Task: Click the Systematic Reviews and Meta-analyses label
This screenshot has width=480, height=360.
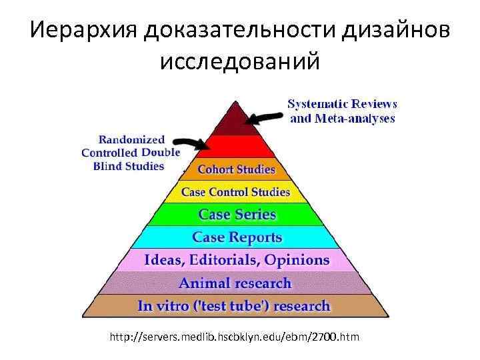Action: coord(343,111)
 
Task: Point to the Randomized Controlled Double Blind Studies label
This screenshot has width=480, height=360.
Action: coord(131,153)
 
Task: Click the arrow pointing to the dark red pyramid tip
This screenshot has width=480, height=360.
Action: coord(265,117)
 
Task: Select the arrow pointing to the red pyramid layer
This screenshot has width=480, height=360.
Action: coord(191,143)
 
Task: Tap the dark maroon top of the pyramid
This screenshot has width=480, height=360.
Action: coord(234,120)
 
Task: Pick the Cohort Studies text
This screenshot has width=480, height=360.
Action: coord(236,169)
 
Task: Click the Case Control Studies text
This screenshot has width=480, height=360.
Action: coord(235,192)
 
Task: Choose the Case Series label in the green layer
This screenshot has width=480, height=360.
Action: coord(237,215)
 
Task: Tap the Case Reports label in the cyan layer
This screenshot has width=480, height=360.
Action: coord(237,237)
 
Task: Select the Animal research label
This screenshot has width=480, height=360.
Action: coord(235,283)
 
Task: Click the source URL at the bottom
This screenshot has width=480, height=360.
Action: coord(235,337)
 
